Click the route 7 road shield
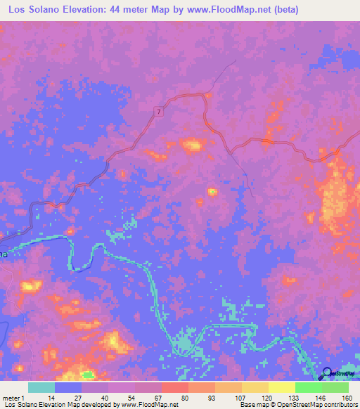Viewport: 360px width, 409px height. (160, 112)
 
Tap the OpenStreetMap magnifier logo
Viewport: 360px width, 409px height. (326, 373)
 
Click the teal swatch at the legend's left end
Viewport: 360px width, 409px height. (41, 387)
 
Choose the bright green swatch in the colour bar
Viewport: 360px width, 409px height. (308, 387)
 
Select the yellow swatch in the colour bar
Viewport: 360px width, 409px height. (281, 387)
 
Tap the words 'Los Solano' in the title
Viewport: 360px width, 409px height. (32, 10)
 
